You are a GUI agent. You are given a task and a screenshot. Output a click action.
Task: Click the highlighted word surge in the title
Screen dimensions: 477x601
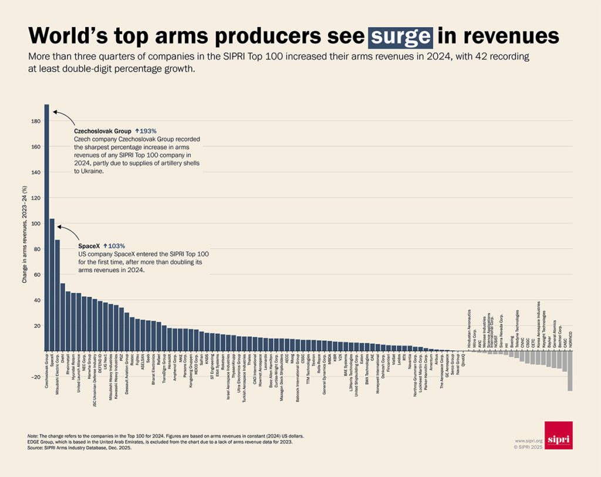coord(400,36)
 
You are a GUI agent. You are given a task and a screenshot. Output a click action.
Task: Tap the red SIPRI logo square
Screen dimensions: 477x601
coord(558,435)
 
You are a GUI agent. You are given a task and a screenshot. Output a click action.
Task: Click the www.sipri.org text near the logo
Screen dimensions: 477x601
coord(527,439)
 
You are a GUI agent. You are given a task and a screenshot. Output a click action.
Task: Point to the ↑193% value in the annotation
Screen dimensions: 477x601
coord(145,131)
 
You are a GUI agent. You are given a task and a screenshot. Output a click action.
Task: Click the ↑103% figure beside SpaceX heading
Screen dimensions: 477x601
coord(114,246)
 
